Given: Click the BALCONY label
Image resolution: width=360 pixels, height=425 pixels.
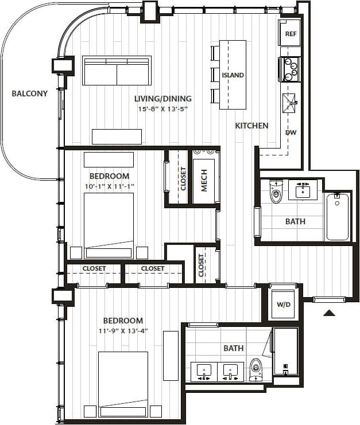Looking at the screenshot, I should (x=30, y=93).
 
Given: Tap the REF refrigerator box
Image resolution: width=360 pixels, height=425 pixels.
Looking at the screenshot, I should (x=291, y=34).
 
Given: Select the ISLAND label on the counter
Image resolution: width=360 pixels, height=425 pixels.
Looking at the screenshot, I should (x=233, y=75).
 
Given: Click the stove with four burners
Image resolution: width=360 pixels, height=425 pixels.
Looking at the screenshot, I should (x=290, y=68).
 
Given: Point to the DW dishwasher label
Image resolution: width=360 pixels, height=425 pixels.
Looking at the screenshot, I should (x=291, y=132).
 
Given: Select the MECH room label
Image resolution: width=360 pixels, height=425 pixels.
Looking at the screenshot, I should (x=204, y=180).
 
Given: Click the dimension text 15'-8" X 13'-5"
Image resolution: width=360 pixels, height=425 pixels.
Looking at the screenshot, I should (x=163, y=109).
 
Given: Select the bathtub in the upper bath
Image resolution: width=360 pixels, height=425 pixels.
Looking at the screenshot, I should (x=337, y=216).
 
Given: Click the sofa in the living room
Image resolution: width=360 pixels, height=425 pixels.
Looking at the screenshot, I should (x=117, y=71).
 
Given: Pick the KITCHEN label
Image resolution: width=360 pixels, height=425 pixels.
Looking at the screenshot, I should (x=251, y=125).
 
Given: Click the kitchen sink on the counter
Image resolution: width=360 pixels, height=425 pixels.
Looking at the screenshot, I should (x=290, y=104).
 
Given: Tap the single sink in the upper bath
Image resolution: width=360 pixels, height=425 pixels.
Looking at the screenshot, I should (x=303, y=189).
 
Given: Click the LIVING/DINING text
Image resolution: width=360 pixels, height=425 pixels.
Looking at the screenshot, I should (x=163, y=98).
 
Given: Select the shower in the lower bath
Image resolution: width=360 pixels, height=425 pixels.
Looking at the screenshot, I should (x=285, y=350).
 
